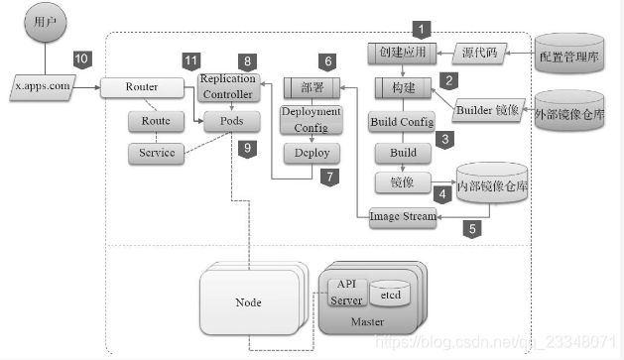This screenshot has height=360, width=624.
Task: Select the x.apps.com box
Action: pyautogui.click(x=43, y=86)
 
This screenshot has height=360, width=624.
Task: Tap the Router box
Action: pyautogui.click(x=140, y=87)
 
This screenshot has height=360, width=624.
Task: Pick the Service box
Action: pyautogui.click(x=157, y=153)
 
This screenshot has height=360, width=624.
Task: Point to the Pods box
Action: pyautogui.click(x=226, y=121)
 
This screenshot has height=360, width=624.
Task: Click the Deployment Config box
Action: pyautogui.click(x=311, y=120)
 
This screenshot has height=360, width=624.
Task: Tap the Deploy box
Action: pyautogui.click(x=311, y=153)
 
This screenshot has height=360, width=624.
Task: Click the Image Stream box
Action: pyautogui.click(x=403, y=216)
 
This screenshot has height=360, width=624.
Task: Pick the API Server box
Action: pyautogui.click(x=347, y=292)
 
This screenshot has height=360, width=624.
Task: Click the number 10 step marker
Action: pyautogui.click(x=81, y=60)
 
